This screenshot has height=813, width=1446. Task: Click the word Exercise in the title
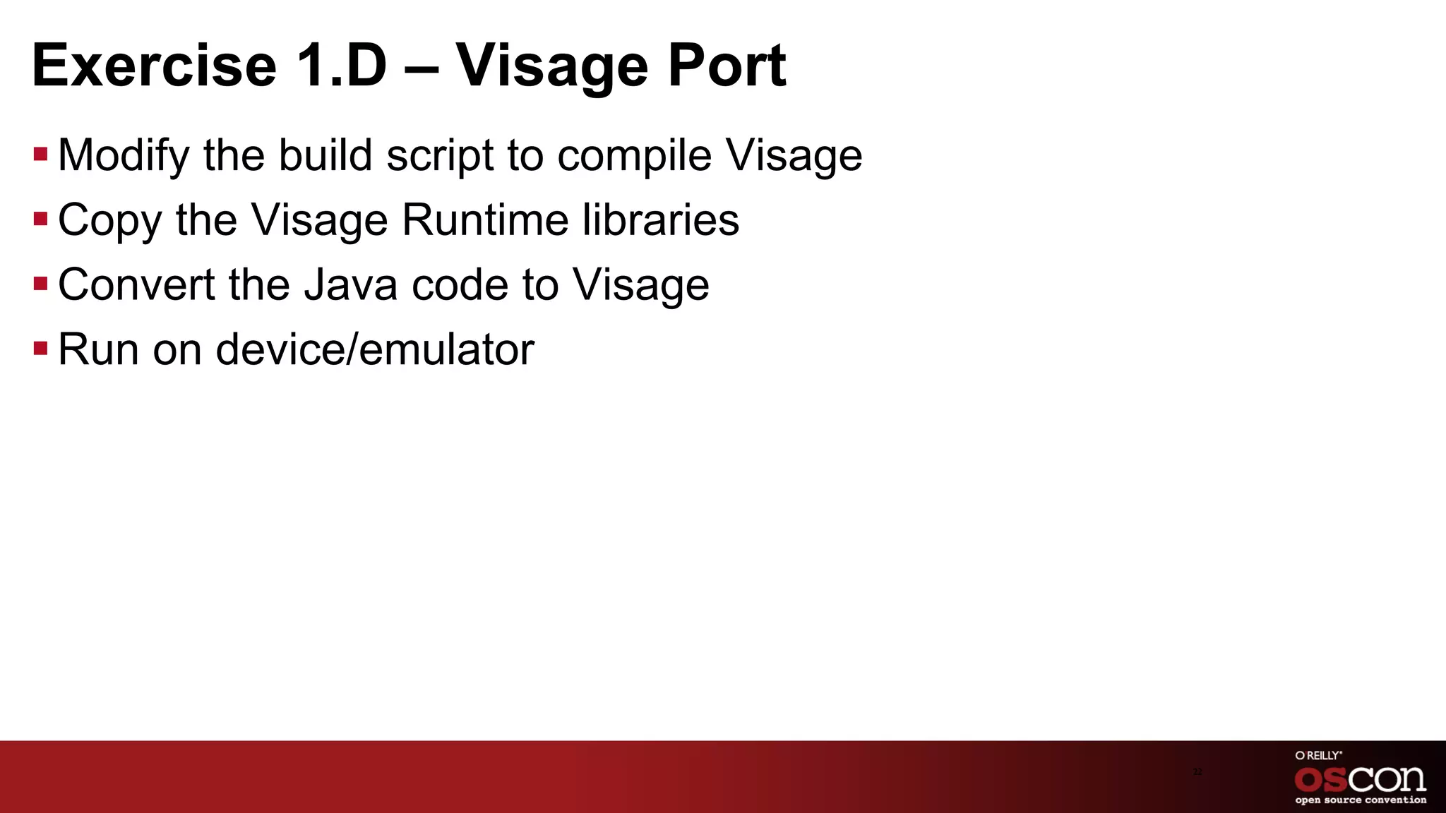tap(154, 66)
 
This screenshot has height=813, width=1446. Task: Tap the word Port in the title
tap(727, 66)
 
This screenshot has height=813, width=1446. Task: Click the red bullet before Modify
tap(40, 154)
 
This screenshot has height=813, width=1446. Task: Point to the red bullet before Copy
tap(40, 219)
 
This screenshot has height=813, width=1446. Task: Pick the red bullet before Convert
tap(40, 284)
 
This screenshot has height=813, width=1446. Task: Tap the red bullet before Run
tap(40, 349)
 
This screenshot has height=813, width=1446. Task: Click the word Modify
tap(124, 155)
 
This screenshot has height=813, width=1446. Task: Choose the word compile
tap(635, 155)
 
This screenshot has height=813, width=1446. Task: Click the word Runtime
tap(486, 219)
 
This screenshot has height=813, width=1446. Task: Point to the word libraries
tap(661, 219)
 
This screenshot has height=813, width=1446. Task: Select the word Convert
tap(136, 284)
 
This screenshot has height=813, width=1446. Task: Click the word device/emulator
tap(375, 349)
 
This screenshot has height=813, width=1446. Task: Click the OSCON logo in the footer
tap(1361, 779)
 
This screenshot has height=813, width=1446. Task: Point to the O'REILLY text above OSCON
tap(1318, 755)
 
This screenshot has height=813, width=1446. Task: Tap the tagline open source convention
tap(1361, 800)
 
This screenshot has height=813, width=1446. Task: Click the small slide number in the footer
tap(1197, 772)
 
